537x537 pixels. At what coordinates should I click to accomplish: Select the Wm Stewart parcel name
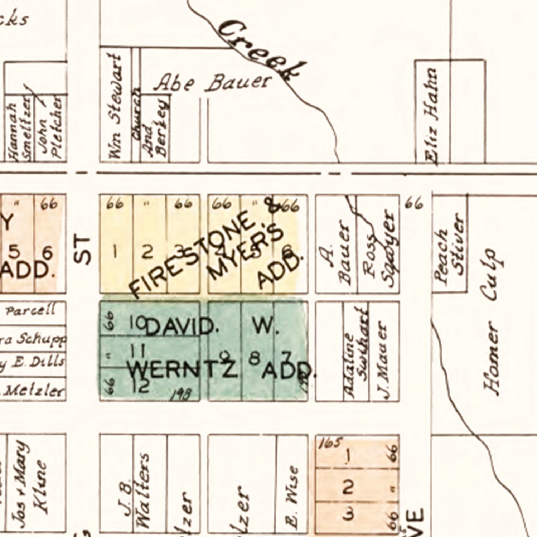(115, 107)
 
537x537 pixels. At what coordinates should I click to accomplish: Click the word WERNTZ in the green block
(183, 369)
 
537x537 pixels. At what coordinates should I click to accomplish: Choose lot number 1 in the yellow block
(115, 252)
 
